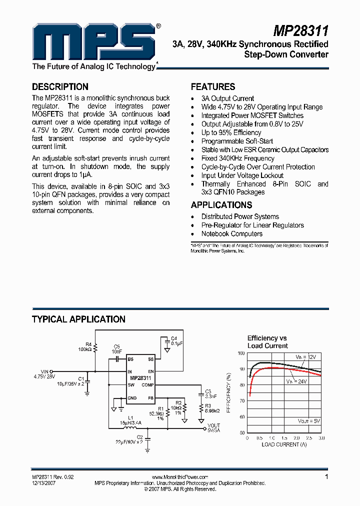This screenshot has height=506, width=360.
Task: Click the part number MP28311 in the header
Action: pos(300,31)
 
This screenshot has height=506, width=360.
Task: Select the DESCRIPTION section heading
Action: pos(60,86)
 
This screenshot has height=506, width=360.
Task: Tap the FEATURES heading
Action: pos(213,86)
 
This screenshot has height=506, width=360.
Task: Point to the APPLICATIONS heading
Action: pos(221,205)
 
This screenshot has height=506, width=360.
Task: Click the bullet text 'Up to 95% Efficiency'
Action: pos(231,132)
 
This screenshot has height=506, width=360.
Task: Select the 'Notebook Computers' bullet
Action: pos(231,233)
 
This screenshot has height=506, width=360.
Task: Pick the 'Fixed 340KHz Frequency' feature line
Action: pos(237,158)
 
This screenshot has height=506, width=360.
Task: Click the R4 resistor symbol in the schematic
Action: pos(95,347)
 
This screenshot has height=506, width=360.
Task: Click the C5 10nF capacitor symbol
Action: pos(117,358)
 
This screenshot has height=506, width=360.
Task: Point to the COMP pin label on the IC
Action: pos(147,385)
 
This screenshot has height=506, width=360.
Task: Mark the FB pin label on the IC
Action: pos(150,398)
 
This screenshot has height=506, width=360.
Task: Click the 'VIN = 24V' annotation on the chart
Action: pos(297,381)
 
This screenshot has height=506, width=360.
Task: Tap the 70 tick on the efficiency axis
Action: pos(241,400)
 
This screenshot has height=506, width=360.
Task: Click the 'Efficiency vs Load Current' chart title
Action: pos(267,342)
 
